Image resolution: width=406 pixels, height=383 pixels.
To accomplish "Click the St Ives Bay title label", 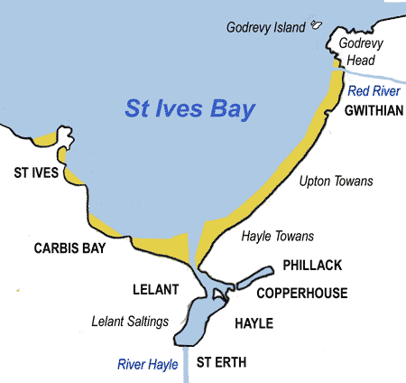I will coord(189,112).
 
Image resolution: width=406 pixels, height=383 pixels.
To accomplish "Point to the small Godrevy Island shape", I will coord(316,25).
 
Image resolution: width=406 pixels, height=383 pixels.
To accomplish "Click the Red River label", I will coord(373,92).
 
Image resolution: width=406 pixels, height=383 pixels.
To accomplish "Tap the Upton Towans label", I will coord(335,182).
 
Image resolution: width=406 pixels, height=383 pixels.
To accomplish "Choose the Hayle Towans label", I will coord(278,237).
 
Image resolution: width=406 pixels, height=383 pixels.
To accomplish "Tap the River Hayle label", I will coord(148,364).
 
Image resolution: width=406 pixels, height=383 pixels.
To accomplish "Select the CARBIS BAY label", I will coord(69,248).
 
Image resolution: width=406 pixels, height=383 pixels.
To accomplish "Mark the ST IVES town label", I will coord(34,172).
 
